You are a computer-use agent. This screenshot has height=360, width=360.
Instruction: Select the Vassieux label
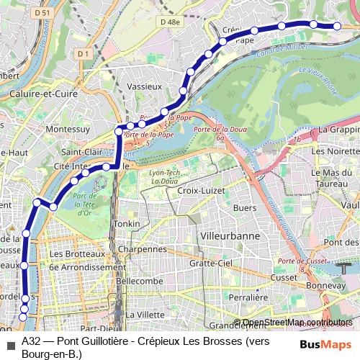pos(144,86)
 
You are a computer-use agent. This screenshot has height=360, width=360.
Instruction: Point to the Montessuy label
pos(67,129)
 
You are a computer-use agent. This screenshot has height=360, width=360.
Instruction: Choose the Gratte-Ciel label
pos(211,264)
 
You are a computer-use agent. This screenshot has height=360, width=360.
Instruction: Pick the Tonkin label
pos(127,224)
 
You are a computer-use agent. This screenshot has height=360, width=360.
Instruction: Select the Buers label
pos(246,207)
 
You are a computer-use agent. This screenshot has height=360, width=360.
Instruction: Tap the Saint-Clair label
pos(81,153)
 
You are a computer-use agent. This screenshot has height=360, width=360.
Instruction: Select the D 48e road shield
pos(171,22)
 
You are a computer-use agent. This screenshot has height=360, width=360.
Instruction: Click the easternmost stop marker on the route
pos(336,26)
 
